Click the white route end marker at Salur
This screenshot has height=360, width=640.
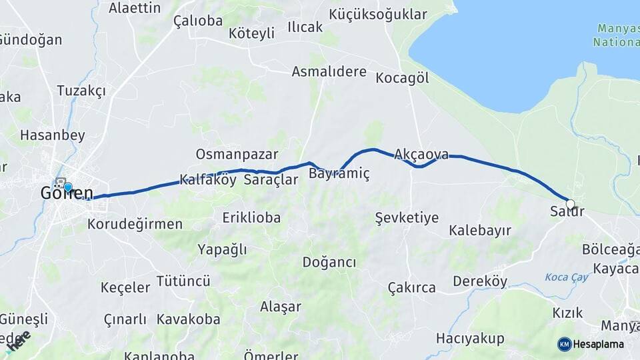coord(570,205)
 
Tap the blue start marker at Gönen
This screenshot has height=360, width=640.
coord(67,187)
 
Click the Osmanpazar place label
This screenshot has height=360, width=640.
coord(237,154)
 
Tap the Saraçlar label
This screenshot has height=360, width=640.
coord(271,180)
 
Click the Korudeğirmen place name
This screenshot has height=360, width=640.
coord(135,224)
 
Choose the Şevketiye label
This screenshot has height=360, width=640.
coord(407,218)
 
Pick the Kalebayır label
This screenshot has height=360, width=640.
coord(480,231)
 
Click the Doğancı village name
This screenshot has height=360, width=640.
coord(329,262)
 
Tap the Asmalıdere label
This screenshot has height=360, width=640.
coord(329,71)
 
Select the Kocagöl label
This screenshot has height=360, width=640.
coord(402,78)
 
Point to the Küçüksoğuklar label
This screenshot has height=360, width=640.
coord(378,14)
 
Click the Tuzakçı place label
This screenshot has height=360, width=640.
coord(81,91)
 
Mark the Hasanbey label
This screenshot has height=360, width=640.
coord(53,135)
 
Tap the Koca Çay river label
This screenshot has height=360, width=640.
coord(567,277)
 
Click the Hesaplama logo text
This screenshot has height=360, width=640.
coord(598,345)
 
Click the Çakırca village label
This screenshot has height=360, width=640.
coord(411,288)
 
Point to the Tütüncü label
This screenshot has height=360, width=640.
coord(183,281)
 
